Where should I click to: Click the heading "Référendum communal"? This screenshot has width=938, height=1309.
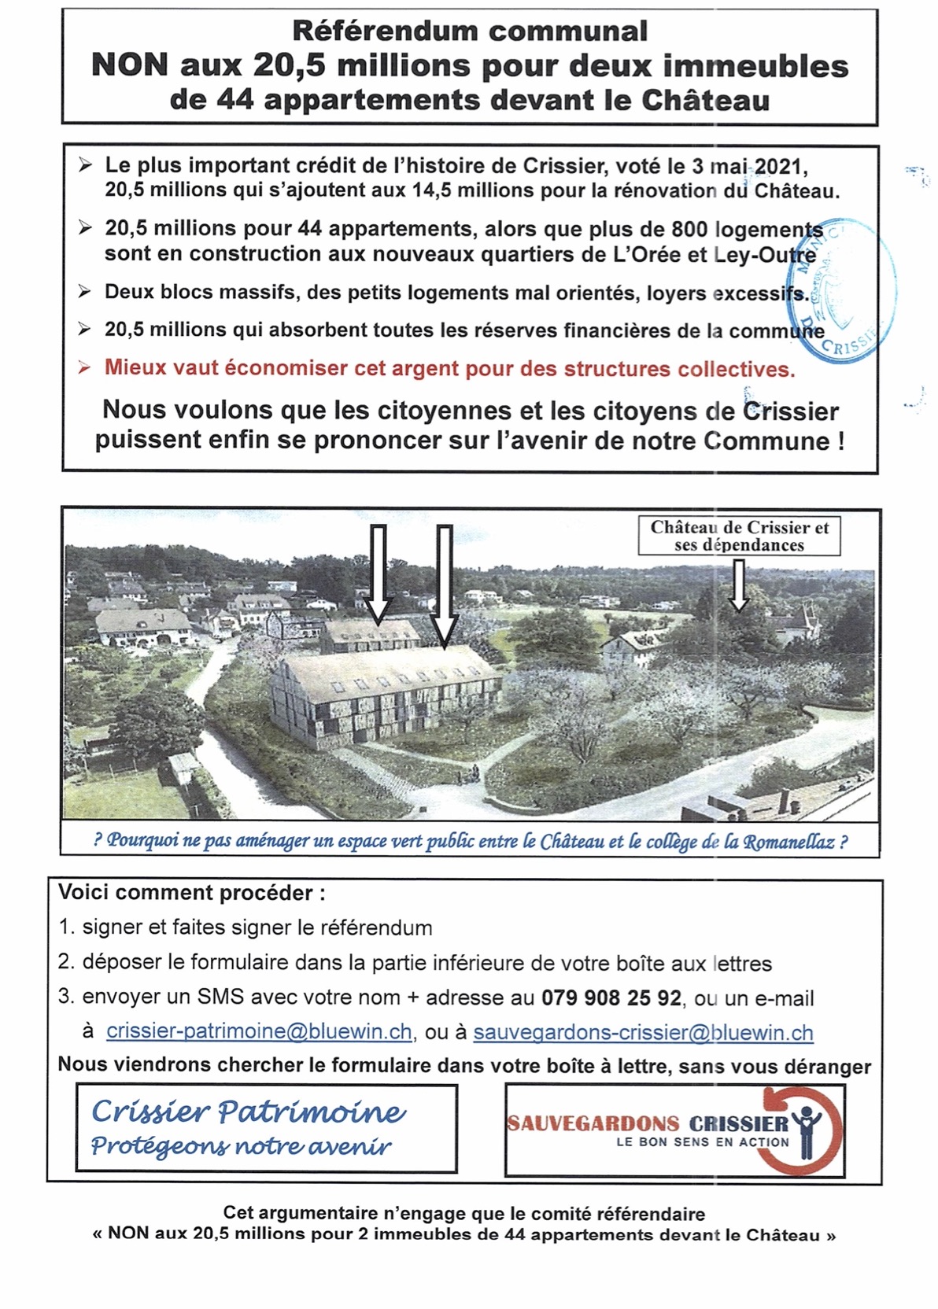pos(470,31)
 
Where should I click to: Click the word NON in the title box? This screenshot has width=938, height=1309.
pos(130,66)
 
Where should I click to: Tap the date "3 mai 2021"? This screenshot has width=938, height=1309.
pos(752,167)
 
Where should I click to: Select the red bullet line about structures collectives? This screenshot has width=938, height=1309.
pos(449,369)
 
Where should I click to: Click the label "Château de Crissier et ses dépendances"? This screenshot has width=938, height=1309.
pos(739,536)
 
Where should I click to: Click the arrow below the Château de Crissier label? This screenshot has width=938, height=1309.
pos(738,585)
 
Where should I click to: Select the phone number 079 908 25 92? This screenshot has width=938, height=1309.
pos(611,997)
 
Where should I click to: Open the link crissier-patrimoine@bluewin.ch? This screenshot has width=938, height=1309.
pos(259,1031)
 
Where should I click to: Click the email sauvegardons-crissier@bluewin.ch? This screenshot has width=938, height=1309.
pos(643,1031)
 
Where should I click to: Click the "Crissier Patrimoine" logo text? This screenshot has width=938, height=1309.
pos(249,1111)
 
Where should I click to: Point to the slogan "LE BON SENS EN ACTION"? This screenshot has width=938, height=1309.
pos(702,1141)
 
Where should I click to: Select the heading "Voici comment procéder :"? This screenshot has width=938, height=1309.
pos(192,893)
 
